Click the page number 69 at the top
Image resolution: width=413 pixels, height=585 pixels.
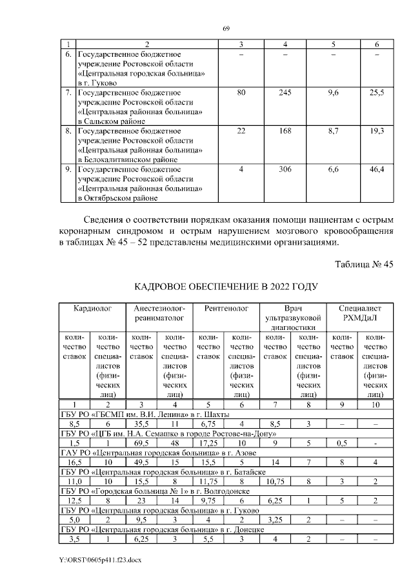click(x=227, y=28)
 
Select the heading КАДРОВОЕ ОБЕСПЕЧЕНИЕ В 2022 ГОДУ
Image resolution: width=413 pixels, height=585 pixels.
click(x=226, y=286)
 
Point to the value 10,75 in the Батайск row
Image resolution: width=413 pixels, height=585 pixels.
click(x=276, y=500)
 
